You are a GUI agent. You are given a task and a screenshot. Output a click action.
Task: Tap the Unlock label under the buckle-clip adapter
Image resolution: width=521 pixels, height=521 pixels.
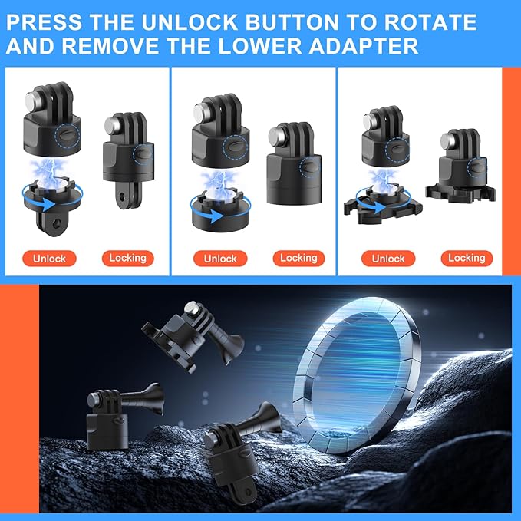(x=387, y=259)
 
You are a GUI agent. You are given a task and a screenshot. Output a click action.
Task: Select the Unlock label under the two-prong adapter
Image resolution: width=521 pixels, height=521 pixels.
(x=49, y=259)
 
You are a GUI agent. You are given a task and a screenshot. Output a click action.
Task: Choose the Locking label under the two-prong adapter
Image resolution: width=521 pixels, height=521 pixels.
(x=128, y=259)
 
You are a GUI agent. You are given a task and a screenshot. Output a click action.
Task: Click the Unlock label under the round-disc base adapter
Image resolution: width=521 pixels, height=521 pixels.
(x=220, y=259)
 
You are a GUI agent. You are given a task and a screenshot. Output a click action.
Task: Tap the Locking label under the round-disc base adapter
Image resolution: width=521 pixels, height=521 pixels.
(x=298, y=259)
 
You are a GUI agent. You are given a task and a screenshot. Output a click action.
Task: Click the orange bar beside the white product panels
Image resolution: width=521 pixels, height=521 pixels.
(x=510, y=169)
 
